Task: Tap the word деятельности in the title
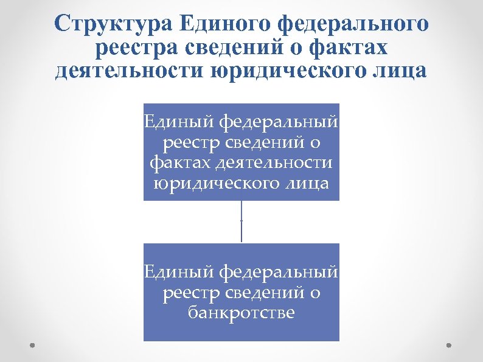coord(130,70)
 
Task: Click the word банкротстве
coord(241,313)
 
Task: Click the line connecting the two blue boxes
coord(241,222)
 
